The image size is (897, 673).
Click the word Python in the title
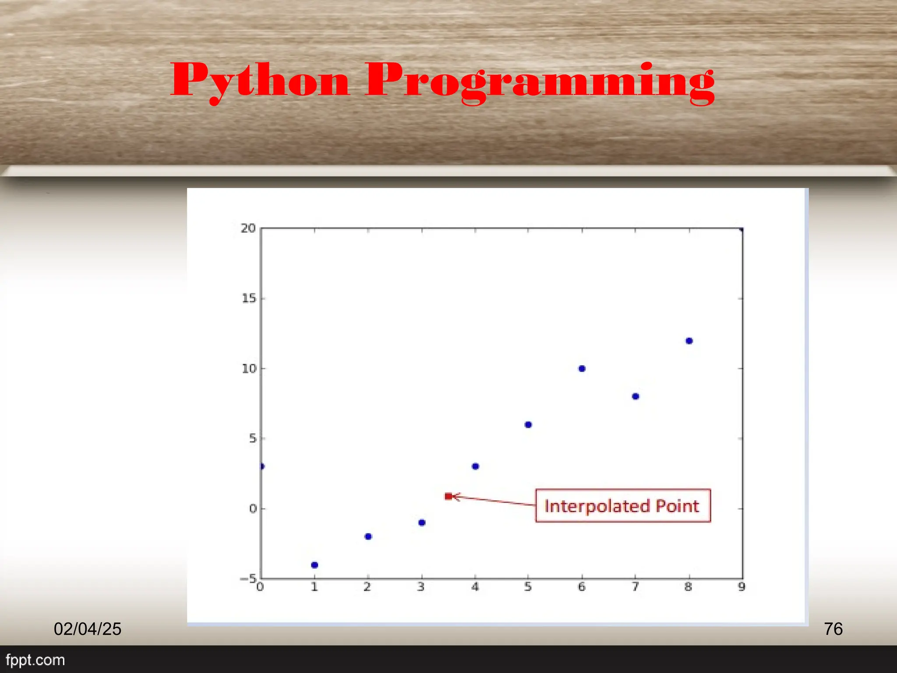(x=260, y=81)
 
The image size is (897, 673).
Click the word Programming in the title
(x=540, y=81)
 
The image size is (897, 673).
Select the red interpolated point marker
(x=448, y=496)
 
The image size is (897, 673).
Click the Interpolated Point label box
(x=622, y=506)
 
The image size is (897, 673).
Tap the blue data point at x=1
(x=314, y=565)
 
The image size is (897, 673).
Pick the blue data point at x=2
(x=368, y=537)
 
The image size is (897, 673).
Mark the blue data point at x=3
(x=422, y=523)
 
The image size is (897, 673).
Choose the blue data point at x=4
(x=475, y=466)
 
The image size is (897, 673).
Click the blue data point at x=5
(x=528, y=425)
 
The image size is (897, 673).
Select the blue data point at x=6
(x=582, y=368)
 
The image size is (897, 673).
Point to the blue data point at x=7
(x=636, y=397)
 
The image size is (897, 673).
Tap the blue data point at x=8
(x=689, y=341)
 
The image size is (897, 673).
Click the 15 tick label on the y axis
(x=248, y=299)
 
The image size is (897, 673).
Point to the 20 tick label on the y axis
(x=248, y=228)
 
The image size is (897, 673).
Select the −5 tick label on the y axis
(x=248, y=579)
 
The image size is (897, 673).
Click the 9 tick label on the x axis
(x=742, y=587)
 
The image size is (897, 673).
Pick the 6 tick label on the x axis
(x=582, y=587)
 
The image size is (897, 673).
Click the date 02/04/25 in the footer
(x=88, y=629)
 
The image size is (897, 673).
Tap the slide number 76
(x=833, y=629)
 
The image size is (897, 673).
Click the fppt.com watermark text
(x=35, y=660)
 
